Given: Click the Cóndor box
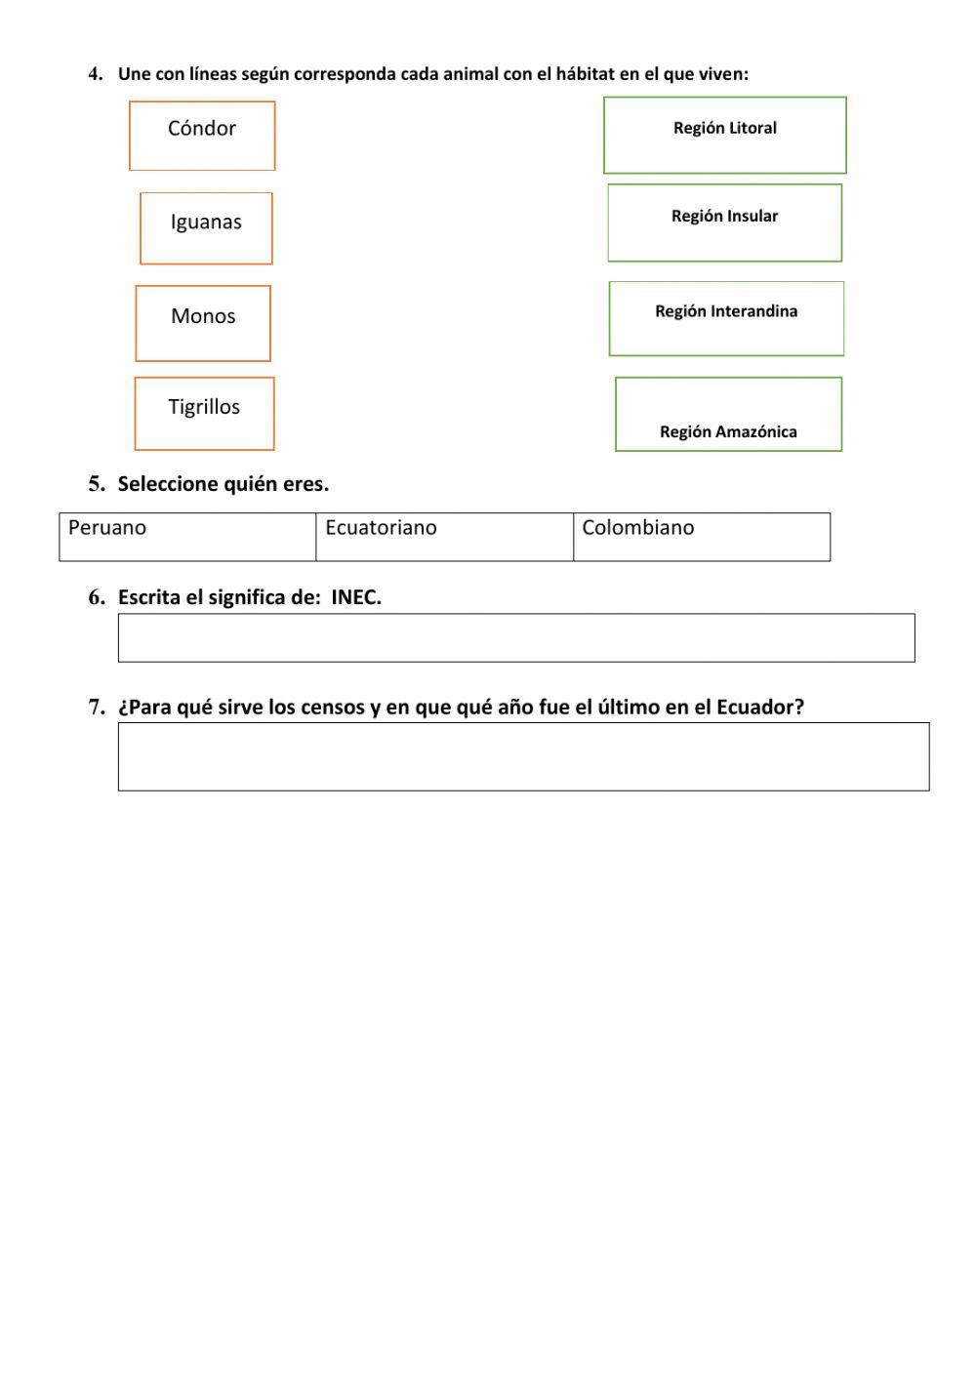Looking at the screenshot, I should click(202, 136).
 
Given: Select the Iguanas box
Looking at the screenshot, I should click(206, 228).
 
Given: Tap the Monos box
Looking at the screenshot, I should click(203, 323).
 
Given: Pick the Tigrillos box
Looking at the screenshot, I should click(204, 414).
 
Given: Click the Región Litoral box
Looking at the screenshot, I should click(724, 136).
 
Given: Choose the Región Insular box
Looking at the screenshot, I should click(724, 223).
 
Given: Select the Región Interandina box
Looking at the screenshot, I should click(726, 319).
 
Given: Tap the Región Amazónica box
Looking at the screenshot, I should click(728, 415).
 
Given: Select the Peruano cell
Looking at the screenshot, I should click(187, 537).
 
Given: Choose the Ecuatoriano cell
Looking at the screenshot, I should click(444, 537).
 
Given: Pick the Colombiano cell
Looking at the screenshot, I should click(701, 537).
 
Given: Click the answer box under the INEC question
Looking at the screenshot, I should click(516, 638).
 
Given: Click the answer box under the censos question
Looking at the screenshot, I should click(523, 756).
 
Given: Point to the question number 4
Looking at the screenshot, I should click(95, 74).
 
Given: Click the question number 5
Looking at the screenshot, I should click(96, 484).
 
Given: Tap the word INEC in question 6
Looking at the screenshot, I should click(354, 598).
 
